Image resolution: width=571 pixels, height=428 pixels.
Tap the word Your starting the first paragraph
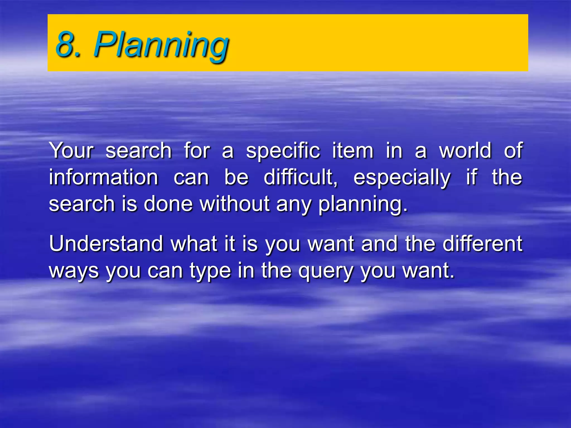(x=71, y=150)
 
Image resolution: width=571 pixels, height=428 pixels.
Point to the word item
(x=353, y=150)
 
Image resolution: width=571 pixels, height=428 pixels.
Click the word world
(x=465, y=150)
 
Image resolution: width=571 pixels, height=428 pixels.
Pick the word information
(x=104, y=177)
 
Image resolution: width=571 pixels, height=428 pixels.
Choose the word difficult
(x=301, y=177)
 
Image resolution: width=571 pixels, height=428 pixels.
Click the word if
(x=471, y=177)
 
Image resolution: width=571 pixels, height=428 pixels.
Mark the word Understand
(x=106, y=244)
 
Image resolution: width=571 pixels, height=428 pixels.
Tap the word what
(x=194, y=244)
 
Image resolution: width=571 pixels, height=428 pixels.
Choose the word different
(x=483, y=244)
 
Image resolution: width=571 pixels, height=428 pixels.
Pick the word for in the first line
(x=197, y=150)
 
